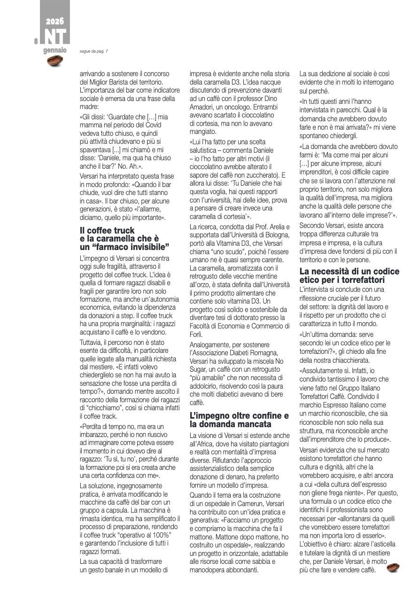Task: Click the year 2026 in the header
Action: [55, 22]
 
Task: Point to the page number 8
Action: [36, 41]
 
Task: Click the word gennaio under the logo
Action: [55, 50]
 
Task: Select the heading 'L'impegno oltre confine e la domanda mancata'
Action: [239, 420]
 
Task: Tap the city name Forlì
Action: [196, 334]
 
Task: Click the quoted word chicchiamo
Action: [107, 408]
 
